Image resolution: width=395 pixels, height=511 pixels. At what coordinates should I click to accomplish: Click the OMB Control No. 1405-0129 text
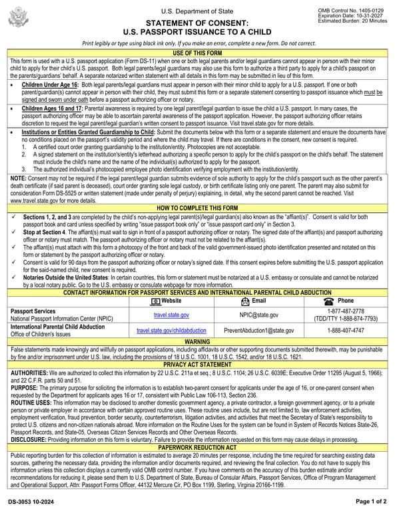(x=359, y=10)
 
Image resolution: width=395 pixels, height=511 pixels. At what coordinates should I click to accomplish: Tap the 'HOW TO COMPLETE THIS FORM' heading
(x=197, y=208)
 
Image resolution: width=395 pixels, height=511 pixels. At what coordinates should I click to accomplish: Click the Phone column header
(x=345, y=301)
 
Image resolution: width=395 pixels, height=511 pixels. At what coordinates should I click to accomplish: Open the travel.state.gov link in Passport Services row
(x=171, y=315)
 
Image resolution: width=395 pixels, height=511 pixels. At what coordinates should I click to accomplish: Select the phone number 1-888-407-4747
(x=345, y=330)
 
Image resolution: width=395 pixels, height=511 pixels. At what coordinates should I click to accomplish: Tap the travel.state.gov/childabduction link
(x=171, y=330)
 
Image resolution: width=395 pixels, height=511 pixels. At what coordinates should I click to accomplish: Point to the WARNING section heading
(x=197, y=341)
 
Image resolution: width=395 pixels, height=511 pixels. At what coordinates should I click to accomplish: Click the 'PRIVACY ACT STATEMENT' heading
(x=197, y=365)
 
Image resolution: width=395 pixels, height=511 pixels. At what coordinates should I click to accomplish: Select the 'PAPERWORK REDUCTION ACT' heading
(x=197, y=447)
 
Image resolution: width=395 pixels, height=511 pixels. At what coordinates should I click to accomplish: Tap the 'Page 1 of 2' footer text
(x=370, y=501)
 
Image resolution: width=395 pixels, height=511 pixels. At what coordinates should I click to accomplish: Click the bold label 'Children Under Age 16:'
(x=50, y=86)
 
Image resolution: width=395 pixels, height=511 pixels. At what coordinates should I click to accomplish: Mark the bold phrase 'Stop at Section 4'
(x=46, y=233)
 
